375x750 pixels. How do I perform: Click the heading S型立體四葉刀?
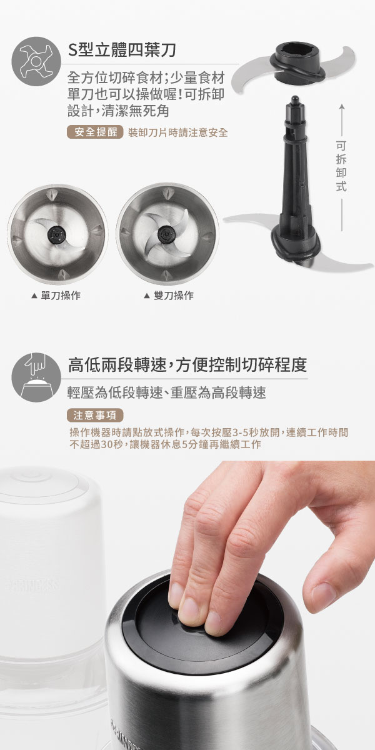[x=122, y=50]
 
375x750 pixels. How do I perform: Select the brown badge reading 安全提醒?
[x=96, y=132]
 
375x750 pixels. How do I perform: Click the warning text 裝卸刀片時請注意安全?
[x=177, y=132]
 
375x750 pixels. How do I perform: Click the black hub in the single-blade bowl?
[x=57, y=234]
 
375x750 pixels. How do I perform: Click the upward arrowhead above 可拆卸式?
[x=341, y=107]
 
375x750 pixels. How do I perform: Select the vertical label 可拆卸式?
[x=341, y=166]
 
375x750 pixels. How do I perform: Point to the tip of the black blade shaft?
[x=295, y=97]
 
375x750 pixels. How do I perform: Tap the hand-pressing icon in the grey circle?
[x=36, y=377]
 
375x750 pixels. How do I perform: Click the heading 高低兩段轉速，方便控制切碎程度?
[x=187, y=364]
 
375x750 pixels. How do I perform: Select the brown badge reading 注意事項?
[x=96, y=415]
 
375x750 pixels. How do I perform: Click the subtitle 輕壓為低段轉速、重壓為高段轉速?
[x=167, y=392]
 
